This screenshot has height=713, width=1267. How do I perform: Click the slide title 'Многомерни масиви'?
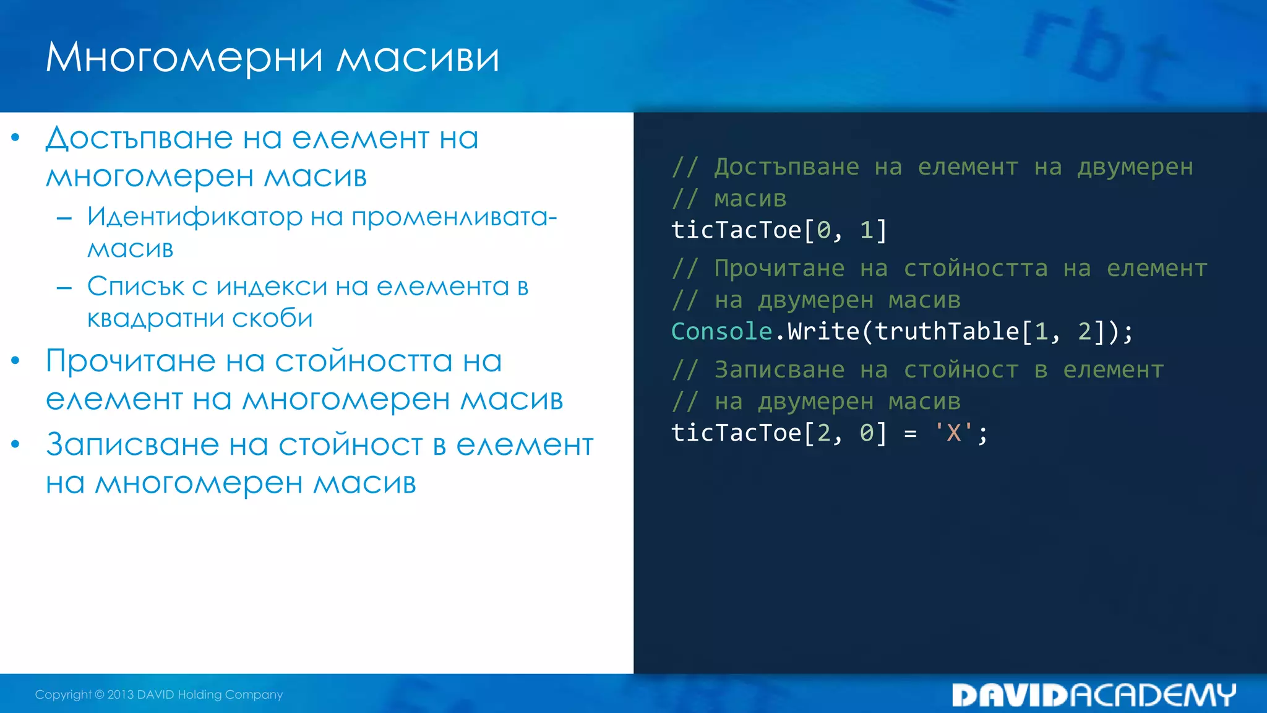272,58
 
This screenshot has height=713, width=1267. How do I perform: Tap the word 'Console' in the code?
721,332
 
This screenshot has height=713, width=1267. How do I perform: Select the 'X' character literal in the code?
953,433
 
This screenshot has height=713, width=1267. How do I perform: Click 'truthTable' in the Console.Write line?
947,332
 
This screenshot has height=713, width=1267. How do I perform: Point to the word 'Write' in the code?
823,332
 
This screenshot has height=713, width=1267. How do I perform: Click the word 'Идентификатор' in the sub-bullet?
195,217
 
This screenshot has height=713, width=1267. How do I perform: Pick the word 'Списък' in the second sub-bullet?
135,287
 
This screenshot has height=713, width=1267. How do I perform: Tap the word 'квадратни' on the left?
155,319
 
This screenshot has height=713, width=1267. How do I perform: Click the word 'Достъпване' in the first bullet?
140,138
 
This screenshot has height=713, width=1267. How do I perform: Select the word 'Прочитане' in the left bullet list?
131,361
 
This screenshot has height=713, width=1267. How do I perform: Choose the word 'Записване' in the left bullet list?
132,445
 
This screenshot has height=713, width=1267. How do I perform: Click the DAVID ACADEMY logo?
1093,695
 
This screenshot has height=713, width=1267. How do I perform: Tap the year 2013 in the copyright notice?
121,694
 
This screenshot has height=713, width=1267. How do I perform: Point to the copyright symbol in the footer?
100,694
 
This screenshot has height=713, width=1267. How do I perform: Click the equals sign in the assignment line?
910,433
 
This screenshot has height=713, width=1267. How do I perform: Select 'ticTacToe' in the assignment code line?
736,433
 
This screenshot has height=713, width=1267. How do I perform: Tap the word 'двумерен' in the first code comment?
1135,167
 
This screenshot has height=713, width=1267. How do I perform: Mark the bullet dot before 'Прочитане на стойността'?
15,361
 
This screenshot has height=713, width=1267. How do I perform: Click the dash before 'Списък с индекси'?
64,287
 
